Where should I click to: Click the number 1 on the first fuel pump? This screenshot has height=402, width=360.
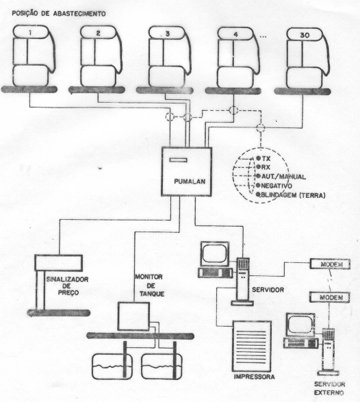pyautogui.click(x=31, y=33)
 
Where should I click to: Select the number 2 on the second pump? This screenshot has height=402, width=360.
pyautogui.click(x=98, y=33)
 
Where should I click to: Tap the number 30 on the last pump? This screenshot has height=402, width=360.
pyautogui.click(x=305, y=35)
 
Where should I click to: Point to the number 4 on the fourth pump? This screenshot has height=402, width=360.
pyautogui.click(x=235, y=34)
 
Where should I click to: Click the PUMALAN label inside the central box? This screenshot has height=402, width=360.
pyautogui.click(x=190, y=181)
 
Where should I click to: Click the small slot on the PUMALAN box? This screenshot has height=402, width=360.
pyautogui.click(x=178, y=160)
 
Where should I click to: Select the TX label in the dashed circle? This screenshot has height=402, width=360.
pyautogui.click(x=266, y=158)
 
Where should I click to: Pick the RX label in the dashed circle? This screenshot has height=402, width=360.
pyautogui.click(x=266, y=167)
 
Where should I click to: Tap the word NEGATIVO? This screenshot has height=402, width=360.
pyautogui.click(x=277, y=186)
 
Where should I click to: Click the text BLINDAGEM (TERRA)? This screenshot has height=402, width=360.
pyautogui.click(x=293, y=195)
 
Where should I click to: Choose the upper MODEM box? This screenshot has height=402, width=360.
pyautogui.click(x=330, y=264)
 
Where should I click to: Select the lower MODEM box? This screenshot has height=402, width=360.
pyautogui.click(x=329, y=297)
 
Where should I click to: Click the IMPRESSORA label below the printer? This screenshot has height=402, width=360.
pyautogui.click(x=254, y=377)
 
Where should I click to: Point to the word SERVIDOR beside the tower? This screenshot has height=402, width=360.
pyautogui.click(x=268, y=290)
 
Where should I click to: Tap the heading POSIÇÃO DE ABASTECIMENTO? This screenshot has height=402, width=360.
pyautogui.click(x=59, y=14)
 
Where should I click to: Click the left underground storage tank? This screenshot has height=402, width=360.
pyautogui.click(x=112, y=366)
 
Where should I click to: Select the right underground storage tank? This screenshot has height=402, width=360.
pyautogui.click(x=162, y=366)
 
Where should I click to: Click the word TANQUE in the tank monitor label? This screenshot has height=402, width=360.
pyautogui.click(x=152, y=294)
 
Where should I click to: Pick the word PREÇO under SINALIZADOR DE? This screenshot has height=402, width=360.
pyautogui.click(x=68, y=292)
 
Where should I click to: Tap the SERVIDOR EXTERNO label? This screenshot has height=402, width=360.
pyautogui.click(x=329, y=388)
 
